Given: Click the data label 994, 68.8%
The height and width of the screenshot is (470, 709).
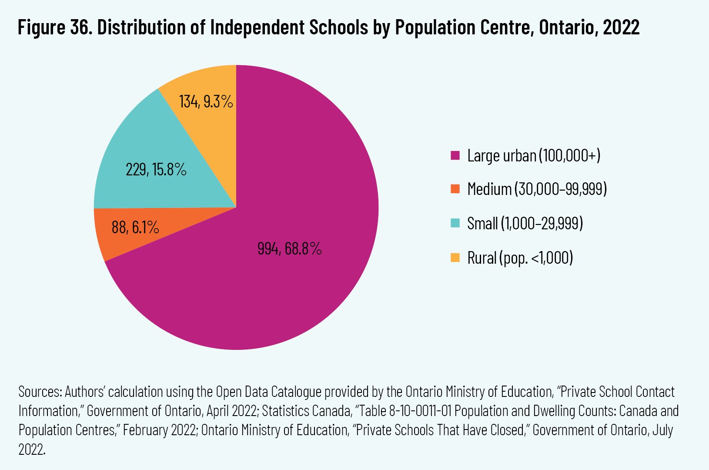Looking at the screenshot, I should click(289, 248).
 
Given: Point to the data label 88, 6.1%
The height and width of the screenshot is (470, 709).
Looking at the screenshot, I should click(135, 227).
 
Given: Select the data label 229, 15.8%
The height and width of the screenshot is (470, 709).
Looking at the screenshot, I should click(156, 169).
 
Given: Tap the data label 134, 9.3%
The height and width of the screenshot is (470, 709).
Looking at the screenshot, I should click(206, 102).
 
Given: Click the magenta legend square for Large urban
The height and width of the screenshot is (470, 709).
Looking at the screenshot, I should click(455, 155).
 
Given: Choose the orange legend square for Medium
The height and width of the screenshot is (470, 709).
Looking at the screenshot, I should click(455, 189).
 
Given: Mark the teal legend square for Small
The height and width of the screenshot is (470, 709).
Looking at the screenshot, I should click(455, 223).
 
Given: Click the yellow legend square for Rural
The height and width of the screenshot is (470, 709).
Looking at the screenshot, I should click(455, 258).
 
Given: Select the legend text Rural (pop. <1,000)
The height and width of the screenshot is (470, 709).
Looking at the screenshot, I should click(520, 258).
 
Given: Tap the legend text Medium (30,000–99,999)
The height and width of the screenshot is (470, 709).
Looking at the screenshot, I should click(537, 189).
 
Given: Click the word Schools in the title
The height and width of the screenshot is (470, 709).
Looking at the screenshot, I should click(339, 27).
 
